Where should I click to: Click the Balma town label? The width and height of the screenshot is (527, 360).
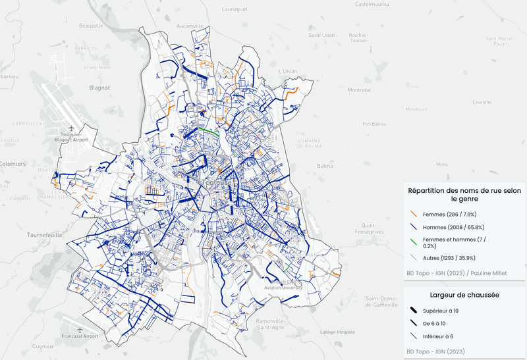325,167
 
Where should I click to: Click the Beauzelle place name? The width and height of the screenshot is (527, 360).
91,26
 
